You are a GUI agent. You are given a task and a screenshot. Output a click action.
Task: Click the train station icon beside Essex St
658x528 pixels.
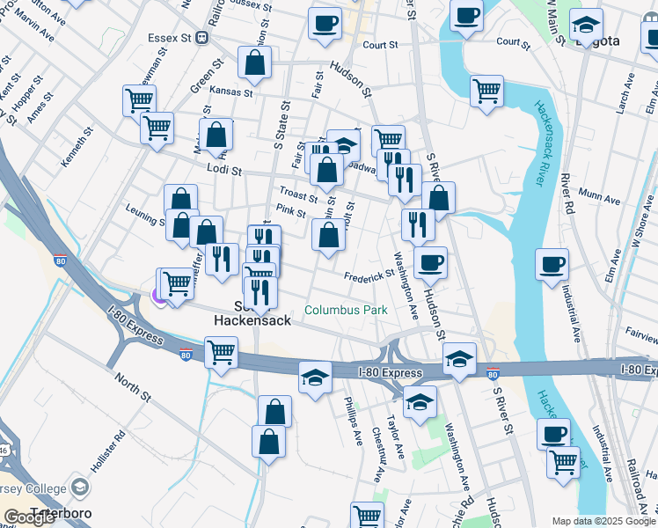click(202, 38)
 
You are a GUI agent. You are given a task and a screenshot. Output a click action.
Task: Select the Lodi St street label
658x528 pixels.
click(224, 167)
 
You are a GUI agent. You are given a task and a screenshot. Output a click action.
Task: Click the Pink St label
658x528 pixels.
click(290, 211)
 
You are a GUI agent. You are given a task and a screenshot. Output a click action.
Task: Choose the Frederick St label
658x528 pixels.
click(369, 275)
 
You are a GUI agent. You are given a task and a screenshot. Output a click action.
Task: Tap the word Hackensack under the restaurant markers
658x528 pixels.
click(253, 321)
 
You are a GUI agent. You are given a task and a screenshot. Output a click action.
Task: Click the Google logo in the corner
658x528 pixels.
click(30, 517)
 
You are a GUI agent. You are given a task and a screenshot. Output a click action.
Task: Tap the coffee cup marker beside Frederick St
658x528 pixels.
click(430, 262)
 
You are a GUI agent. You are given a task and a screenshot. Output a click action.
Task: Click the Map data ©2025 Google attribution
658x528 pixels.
click(603, 521)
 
